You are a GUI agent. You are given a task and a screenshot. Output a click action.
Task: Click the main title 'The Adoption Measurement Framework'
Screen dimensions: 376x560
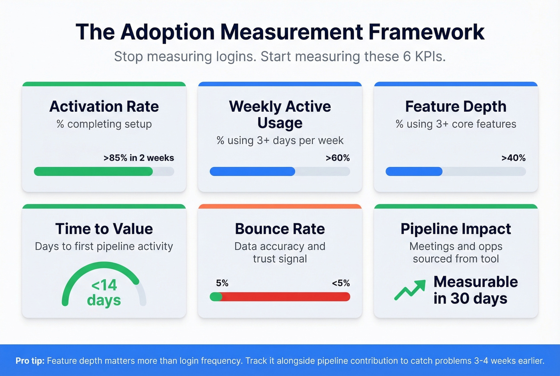[280, 32]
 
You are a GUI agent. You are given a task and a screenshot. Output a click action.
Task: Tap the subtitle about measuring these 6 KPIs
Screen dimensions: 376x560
[280, 56]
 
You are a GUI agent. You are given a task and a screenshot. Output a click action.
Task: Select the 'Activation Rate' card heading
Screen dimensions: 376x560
[104, 107]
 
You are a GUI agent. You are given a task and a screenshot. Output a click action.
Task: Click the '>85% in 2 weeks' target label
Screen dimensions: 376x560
[138, 158]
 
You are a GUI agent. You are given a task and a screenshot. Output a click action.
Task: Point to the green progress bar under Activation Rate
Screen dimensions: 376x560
[94, 171]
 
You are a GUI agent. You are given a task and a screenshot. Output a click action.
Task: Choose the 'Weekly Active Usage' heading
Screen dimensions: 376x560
[280, 115]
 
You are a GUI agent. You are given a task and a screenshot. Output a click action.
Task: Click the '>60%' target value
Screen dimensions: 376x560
[338, 158]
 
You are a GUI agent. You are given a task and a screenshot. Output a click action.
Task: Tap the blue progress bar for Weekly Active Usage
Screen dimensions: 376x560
[252, 171]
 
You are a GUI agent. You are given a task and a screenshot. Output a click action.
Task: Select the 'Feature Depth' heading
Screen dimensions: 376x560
[456, 107]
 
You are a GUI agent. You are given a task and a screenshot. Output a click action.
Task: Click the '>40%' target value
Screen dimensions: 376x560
[513, 158]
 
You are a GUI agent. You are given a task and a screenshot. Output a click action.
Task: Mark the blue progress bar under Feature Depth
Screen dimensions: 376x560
[414, 171]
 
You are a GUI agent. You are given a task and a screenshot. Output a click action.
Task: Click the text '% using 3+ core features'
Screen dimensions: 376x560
[456, 124]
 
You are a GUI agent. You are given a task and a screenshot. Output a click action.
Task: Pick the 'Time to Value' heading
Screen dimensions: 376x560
[104, 229]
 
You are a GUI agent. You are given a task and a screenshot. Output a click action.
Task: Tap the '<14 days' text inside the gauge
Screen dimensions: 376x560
[104, 292]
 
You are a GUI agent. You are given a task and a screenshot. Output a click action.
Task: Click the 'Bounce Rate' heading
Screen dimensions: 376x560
[280, 229]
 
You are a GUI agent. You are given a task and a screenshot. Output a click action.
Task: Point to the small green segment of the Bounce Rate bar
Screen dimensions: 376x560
[216, 297]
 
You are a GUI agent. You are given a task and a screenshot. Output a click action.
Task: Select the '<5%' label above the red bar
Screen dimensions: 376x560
[340, 283]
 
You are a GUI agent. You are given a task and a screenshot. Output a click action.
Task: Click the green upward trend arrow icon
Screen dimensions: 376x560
[410, 290]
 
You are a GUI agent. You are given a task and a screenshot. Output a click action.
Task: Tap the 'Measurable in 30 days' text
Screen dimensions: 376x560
[475, 290]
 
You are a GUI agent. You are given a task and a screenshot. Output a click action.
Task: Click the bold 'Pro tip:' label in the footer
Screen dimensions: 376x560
[30, 361]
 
